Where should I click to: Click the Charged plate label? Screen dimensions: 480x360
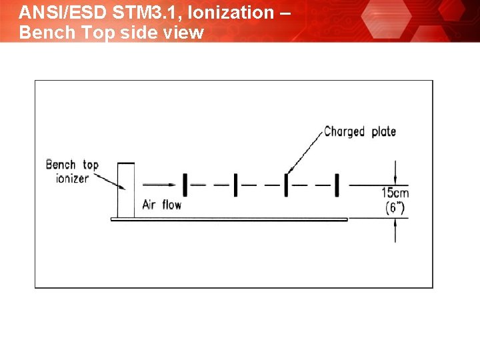[360, 131]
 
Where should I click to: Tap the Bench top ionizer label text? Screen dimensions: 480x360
[71, 171]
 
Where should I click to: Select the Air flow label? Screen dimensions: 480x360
[161, 205]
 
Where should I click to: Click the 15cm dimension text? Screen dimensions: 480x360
[395, 193]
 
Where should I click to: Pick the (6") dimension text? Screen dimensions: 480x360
[395, 207]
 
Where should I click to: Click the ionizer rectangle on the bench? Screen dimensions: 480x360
[125, 189]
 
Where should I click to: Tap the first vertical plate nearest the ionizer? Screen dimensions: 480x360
[185, 185]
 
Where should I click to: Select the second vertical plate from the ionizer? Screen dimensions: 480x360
[235, 185]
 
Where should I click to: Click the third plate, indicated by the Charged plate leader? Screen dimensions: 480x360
[286, 185]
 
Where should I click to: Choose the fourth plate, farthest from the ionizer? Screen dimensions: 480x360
[337, 185]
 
